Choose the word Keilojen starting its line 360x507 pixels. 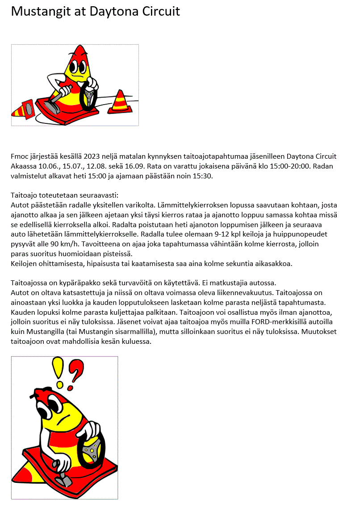[x=24, y=263]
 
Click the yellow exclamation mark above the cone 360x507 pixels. [x=59, y=371]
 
